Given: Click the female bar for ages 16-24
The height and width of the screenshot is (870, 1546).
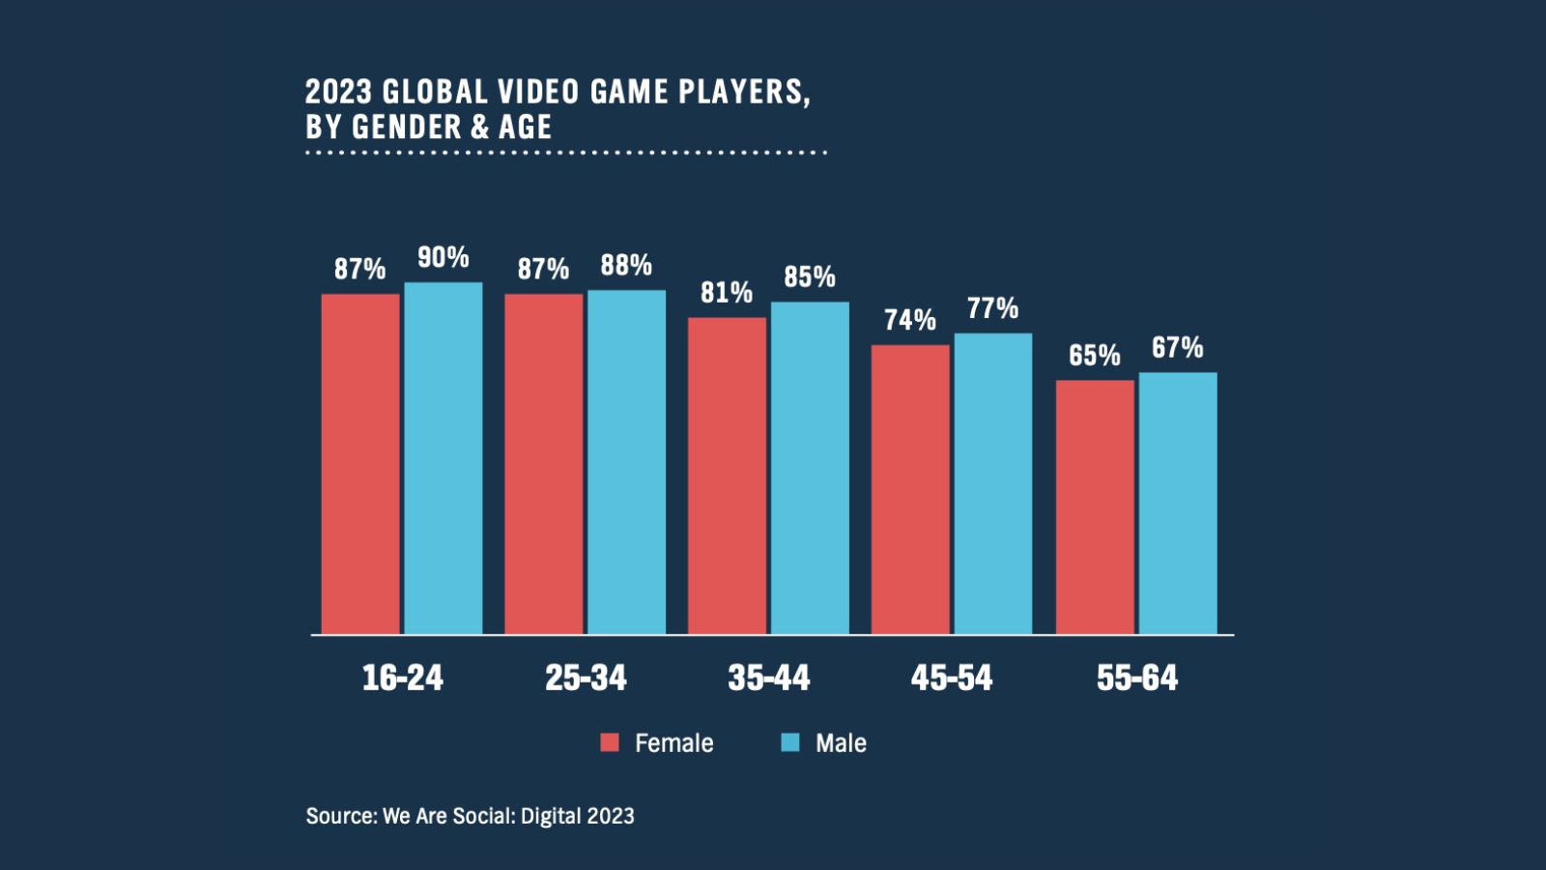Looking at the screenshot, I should click(360, 464).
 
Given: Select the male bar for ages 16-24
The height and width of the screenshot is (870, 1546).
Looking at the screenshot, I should click(444, 458).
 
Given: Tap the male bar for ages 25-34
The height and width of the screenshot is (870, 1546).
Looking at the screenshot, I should click(626, 462).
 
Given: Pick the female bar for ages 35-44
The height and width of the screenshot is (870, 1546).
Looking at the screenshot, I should click(727, 476).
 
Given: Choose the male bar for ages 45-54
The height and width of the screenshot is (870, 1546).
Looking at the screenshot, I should click(993, 483).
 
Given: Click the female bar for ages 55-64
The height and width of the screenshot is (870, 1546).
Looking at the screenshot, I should click(1095, 507).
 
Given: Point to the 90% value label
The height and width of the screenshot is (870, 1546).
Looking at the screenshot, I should click(444, 257).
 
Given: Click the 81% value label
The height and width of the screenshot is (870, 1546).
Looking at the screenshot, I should click(727, 292).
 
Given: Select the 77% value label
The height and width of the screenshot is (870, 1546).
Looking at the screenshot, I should click(993, 308).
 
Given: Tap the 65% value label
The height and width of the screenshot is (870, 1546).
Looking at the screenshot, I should click(1095, 355).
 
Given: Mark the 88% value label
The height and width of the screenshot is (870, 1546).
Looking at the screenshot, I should click(626, 265).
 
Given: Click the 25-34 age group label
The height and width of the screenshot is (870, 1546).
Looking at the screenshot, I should click(586, 678).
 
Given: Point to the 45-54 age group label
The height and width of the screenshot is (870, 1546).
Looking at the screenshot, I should click(952, 678).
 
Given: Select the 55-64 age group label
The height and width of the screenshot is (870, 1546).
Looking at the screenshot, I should click(1137, 678).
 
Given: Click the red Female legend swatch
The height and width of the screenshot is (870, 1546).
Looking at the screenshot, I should click(610, 742).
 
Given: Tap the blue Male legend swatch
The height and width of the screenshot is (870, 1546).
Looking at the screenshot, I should click(790, 742).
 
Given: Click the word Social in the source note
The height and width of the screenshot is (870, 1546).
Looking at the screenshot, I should click(483, 816).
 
